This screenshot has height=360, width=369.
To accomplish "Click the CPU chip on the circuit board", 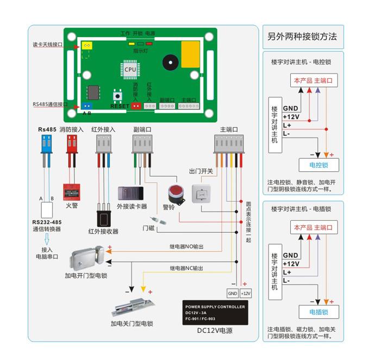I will point(130,69).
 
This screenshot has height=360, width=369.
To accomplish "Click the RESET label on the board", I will point(120,106).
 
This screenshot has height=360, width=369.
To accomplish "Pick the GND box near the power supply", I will point(233,293).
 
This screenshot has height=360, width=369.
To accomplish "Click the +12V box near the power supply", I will point(246,293).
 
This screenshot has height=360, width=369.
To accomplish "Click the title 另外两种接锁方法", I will point(303,37).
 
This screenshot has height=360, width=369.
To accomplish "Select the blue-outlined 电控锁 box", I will point(319,165).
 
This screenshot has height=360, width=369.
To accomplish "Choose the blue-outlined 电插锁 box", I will point(319,312).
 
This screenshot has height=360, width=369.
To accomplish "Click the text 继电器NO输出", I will point(186,247).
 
